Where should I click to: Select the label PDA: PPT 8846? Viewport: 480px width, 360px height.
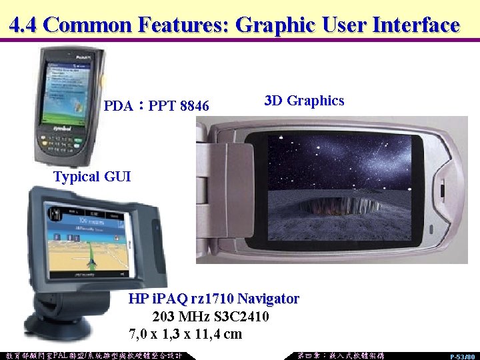[156, 106]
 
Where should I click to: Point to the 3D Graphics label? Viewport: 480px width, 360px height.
[304, 101]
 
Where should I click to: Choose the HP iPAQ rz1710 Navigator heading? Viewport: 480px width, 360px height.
[213, 298]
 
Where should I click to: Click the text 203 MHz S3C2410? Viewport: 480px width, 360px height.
[211, 316]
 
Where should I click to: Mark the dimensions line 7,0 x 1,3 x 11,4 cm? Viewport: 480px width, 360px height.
[185, 333]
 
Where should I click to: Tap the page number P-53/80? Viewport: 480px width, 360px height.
[462, 356]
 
